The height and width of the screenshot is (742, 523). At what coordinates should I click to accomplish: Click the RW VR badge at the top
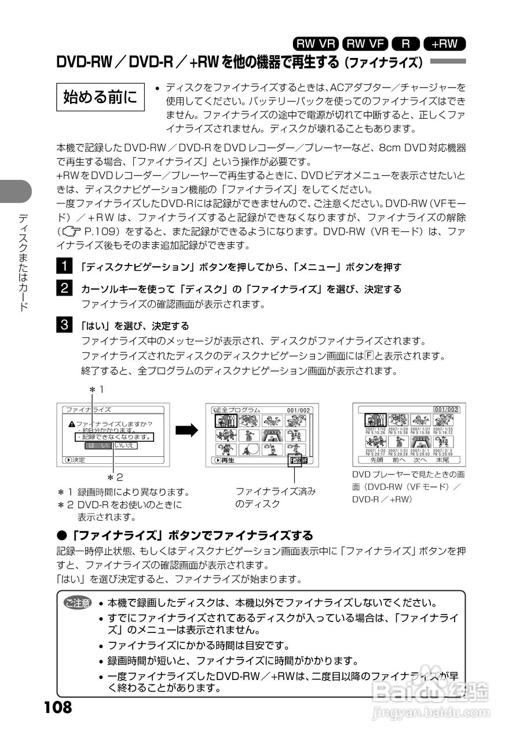click(316, 43)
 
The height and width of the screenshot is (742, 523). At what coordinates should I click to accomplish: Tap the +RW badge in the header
click(445, 43)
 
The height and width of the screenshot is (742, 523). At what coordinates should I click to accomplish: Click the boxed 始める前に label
click(100, 97)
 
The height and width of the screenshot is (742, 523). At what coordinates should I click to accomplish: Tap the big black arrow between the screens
click(187, 430)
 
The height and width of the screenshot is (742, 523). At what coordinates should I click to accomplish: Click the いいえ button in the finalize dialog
click(125, 446)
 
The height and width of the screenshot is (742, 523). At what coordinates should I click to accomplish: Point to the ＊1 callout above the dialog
click(96, 389)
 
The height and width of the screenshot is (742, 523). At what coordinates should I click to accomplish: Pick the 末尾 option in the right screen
click(442, 460)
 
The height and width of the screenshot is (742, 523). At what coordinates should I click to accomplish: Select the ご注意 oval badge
click(78, 603)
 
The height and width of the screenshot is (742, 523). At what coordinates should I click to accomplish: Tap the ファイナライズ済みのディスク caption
click(275, 497)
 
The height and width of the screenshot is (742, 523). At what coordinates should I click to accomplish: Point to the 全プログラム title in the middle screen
click(241, 410)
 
